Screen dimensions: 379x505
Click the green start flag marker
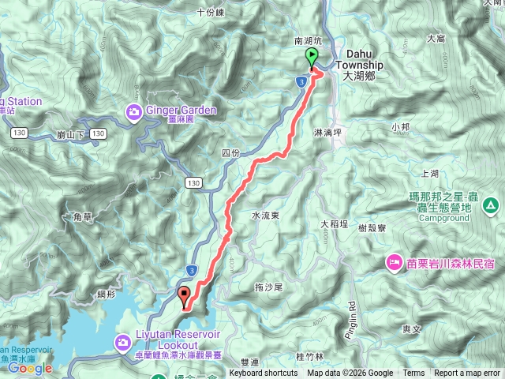(311, 58)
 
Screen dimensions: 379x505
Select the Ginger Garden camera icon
(133, 111)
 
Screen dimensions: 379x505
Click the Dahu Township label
(358, 66)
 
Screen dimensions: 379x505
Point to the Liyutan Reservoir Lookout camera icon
(122, 342)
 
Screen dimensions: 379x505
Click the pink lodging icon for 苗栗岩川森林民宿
(392, 261)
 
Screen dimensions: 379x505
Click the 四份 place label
(230, 152)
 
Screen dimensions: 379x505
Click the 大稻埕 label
(335, 224)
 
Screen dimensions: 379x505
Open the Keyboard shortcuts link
(264, 373)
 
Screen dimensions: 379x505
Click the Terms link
(413, 373)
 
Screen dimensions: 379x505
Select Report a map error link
(468, 373)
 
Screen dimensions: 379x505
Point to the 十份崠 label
(211, 12)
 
